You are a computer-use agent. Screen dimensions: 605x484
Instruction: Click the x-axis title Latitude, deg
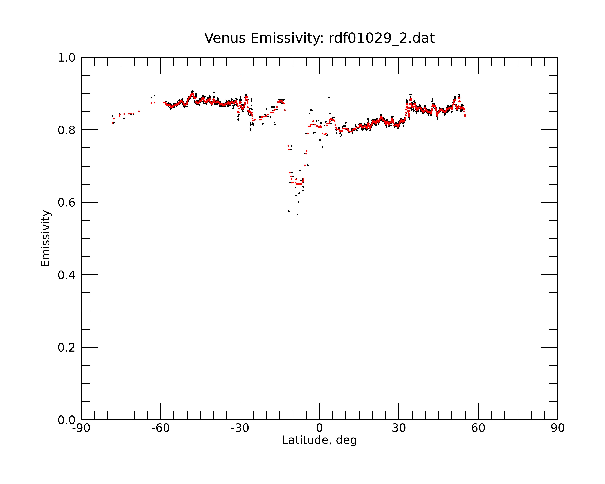(x=319, y=440)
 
